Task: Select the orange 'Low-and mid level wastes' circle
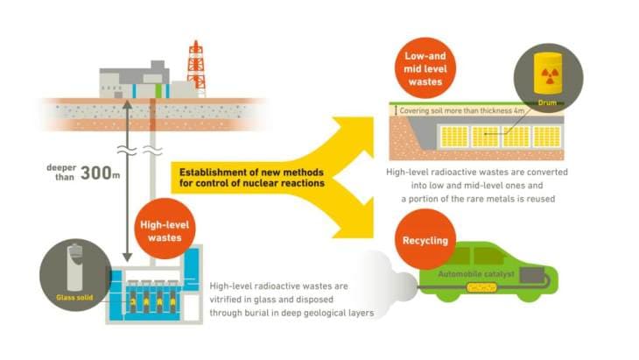point(426,72)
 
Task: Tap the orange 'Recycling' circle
point(426,239)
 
